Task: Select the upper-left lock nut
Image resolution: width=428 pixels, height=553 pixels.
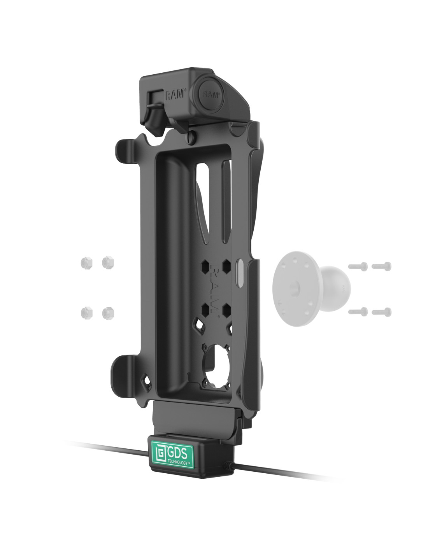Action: [x=86, y=263]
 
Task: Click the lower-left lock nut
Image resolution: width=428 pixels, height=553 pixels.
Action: [x=86, y=312]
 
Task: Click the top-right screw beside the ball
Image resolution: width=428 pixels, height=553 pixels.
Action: [x=381, y=266]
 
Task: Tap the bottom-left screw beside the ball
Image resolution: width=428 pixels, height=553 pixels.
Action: [x=358, y=311]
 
